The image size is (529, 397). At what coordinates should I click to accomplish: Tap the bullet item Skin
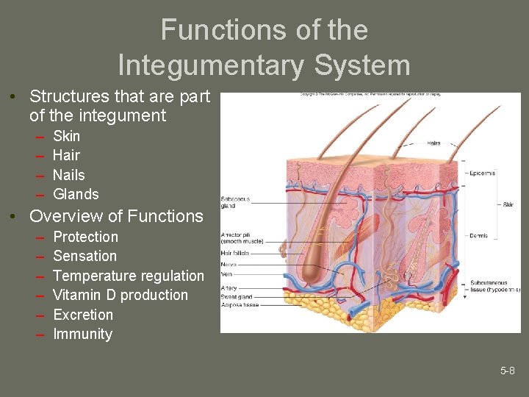67,136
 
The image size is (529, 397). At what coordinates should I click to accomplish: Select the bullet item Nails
69,175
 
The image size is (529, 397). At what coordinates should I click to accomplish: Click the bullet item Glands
76,194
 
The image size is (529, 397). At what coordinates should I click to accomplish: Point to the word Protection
85,237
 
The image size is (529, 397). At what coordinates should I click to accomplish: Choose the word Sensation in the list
84,256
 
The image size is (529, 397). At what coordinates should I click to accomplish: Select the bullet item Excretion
83,315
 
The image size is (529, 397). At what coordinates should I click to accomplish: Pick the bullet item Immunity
82,334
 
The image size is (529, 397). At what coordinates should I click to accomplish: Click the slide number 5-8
508,371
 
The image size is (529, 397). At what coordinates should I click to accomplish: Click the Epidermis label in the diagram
481,174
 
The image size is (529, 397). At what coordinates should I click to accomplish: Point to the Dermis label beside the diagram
478,236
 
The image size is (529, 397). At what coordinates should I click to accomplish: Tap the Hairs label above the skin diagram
433,143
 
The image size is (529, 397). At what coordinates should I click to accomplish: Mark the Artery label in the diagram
228,288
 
